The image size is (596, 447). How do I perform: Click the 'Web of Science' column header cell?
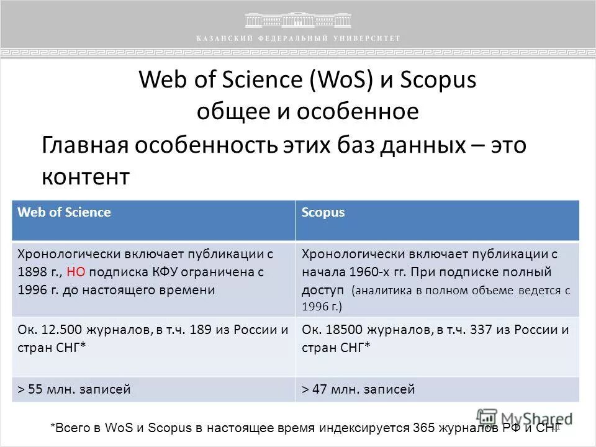pos(153,220)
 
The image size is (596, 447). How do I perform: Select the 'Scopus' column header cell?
pos(437,220)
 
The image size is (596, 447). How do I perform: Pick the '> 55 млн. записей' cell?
pos(153,390)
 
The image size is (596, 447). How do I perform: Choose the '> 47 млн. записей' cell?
pos(437,390)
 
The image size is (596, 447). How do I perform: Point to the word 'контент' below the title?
pos(86,177)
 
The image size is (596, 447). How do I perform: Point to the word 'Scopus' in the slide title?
pos(439,80)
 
